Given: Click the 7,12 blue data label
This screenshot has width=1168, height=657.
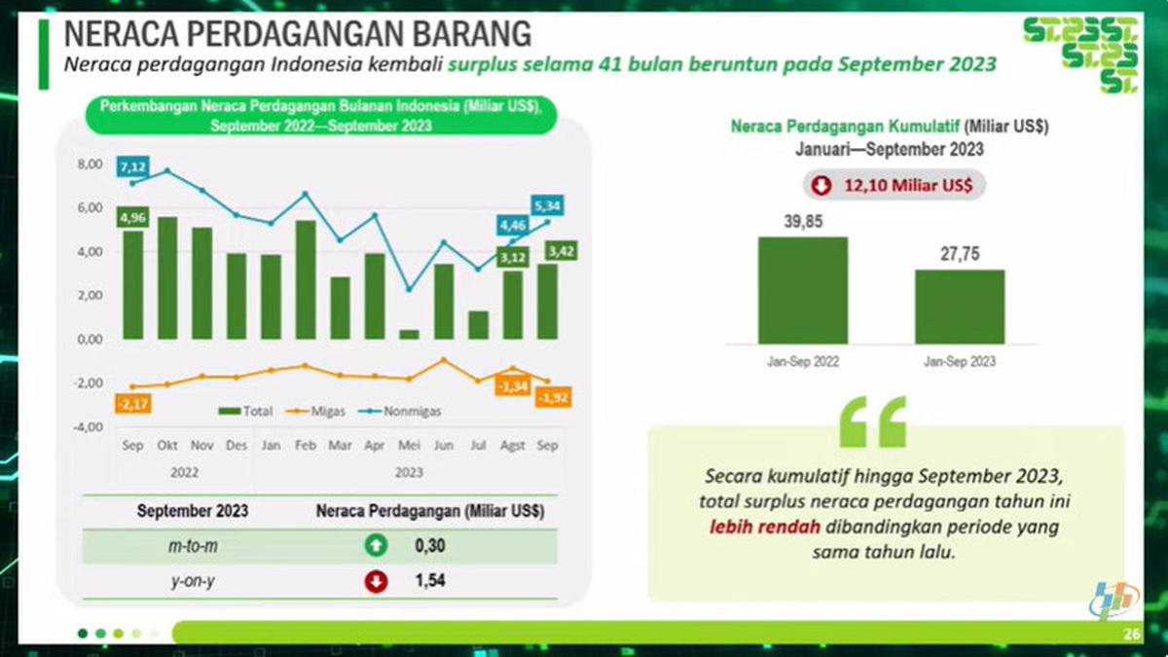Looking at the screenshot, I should point(132,167).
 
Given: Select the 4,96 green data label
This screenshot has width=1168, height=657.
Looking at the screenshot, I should point(132,217).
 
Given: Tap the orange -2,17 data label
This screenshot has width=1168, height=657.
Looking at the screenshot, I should point(132,403).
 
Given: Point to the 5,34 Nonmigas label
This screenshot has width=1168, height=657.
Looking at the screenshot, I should point(546,205).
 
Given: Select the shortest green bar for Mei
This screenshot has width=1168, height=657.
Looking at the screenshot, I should point(409,334).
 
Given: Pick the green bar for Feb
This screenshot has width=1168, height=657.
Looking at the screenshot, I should point(306,279).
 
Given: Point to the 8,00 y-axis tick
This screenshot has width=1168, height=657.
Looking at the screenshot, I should point(89,164).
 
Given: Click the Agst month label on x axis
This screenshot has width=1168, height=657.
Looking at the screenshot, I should point(511,446).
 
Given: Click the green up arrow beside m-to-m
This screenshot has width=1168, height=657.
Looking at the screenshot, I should point(376,547).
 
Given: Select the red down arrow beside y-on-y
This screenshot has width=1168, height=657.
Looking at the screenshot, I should point(376,582).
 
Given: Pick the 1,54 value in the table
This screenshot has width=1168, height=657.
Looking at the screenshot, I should point(429,582).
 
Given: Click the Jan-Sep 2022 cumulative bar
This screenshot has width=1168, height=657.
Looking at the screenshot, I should point(802,290).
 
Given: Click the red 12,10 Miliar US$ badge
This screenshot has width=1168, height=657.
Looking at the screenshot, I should point(894,185).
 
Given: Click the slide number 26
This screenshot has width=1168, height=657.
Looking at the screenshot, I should point(1131,635).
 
